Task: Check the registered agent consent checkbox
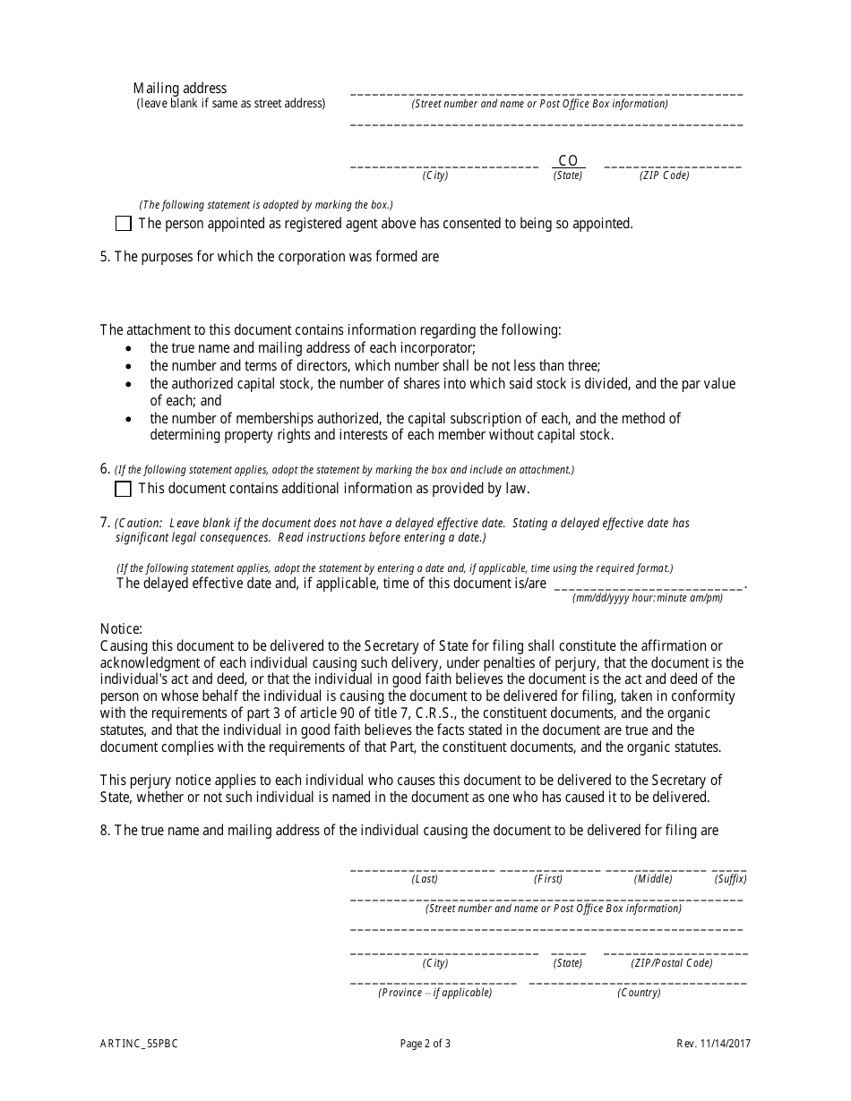[x=124, y=224]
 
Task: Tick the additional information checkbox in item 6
[x=124, y=489]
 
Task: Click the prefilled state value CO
[x=568, y=161]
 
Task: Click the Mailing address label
[x=180, y=88]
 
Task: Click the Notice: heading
[x=121, y=629]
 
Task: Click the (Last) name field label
[x=425, y=879]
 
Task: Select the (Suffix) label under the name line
[x=730, y=879]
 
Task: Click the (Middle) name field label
[x=653, y=879]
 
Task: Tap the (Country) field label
[x=639, y=993]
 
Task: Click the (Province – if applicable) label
[x=434, y=993]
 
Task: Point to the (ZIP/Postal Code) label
[x=672, y=963]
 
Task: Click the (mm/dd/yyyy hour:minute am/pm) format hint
[x=648, y=598]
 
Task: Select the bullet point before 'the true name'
[x=132, y=349]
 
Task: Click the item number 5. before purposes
[x=105, y=257]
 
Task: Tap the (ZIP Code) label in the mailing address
[x=664, y=175]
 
